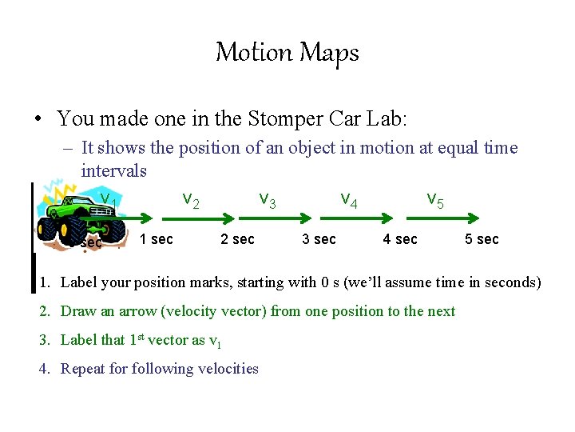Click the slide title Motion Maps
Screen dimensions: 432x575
(287, 53)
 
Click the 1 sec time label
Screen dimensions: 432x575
(156, 239)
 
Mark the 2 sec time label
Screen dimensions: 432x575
(237, 239)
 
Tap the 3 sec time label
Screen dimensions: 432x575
(319, 239)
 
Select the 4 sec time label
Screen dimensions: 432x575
(400, 239)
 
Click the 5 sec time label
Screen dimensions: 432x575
(482, 239)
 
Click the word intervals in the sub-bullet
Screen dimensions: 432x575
(113, 170)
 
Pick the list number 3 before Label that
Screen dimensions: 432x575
(46, 340)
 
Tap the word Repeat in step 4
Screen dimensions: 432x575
(83, 369)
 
